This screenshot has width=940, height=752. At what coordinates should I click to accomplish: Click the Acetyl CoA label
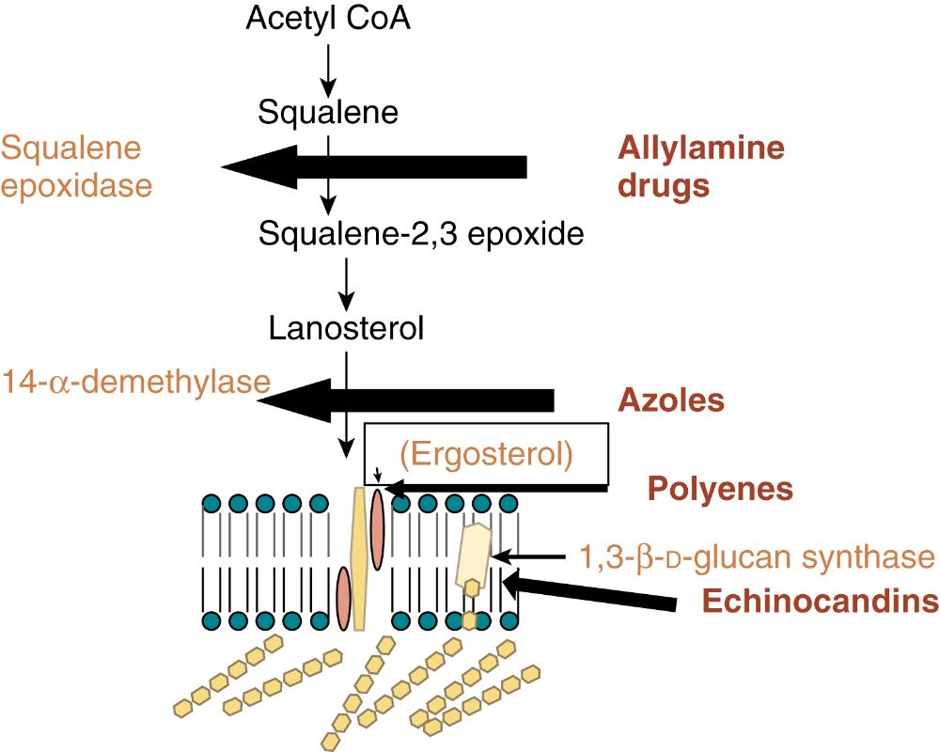[328, 18]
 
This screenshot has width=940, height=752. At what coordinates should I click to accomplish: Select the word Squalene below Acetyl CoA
[328, 114]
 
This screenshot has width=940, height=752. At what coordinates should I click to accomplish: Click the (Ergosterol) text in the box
[485, 454]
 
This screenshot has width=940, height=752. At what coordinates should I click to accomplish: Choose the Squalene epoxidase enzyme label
[76, 166]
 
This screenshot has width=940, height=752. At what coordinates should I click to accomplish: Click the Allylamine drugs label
[700, 166]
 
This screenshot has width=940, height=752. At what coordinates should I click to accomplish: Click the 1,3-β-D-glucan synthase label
[758, 556]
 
